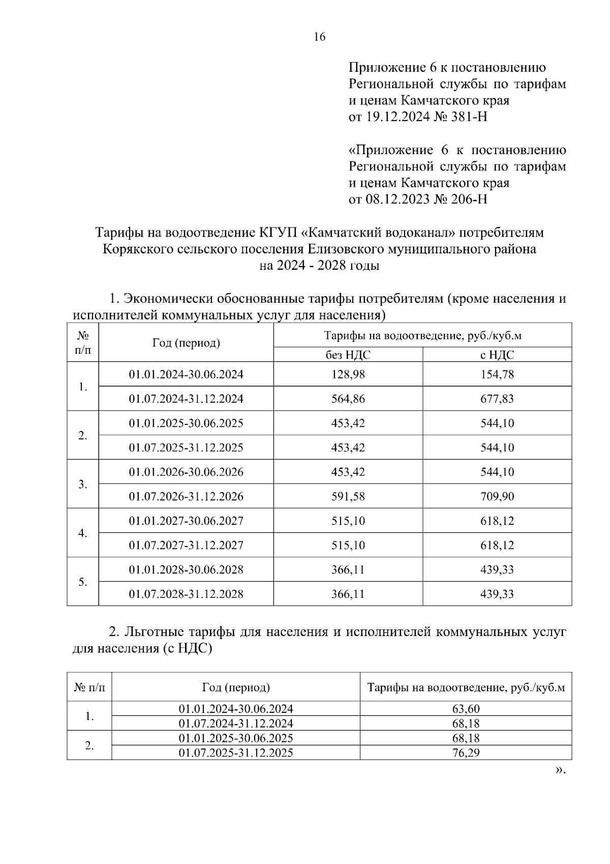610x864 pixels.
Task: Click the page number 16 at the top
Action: (x=319, y=37)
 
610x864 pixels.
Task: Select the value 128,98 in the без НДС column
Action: (x=348, y=375)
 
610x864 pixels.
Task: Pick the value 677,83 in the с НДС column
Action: (x=497, y=399)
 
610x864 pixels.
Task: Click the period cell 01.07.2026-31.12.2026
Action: (x=186, y=496)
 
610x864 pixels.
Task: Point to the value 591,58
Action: (x=348, y=496)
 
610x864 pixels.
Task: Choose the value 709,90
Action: (x=497, y=496)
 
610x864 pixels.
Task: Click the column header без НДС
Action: (x=348, y=355)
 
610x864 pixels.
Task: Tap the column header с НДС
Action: (x=497, y=355)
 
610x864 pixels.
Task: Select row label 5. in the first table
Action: (x=83, y=582)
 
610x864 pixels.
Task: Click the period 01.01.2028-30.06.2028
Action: (x=186, y=569)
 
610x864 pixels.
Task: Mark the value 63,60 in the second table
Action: (x=466, y=709)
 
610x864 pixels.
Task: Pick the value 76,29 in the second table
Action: (x=466, y=753)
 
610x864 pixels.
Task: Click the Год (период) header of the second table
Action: (x=236, y=688)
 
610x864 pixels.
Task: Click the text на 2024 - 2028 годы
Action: (x=319, y=266)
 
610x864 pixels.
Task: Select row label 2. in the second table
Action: (x=89, y=746)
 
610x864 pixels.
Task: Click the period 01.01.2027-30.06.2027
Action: (x=186, y=521)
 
